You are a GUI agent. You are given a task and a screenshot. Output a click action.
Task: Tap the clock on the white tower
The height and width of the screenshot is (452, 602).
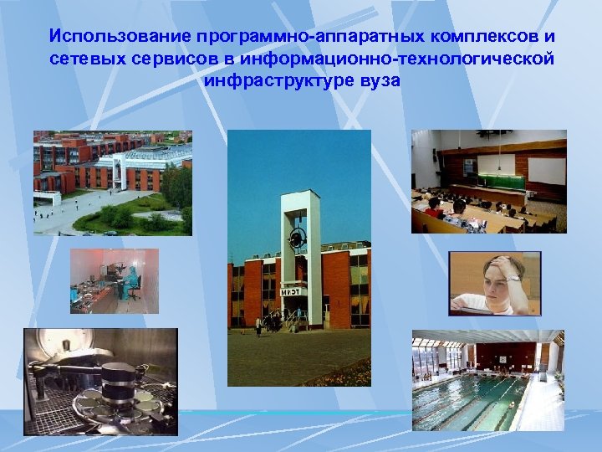click(298, 239)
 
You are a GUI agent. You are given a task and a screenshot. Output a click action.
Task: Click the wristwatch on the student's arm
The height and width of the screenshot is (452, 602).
click(513, 279)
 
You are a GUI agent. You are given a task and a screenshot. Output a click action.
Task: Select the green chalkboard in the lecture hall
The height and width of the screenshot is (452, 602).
click(501, 181)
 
